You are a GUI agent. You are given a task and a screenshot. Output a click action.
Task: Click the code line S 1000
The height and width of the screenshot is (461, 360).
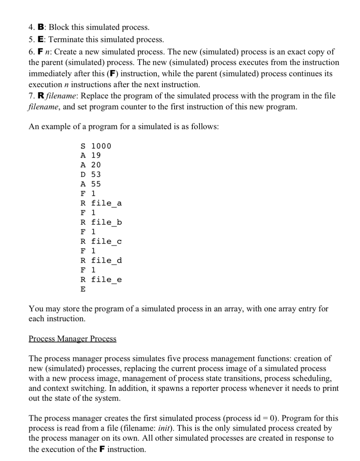point(96,146)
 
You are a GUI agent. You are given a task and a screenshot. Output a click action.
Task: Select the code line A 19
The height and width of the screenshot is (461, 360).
point(91,155)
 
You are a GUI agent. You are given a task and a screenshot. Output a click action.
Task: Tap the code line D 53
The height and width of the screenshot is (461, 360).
point(91,174)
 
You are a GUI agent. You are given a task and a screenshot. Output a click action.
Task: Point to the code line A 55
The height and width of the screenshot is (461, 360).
point(91,184)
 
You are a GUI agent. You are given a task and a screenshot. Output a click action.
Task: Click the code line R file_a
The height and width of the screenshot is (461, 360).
point(101,203)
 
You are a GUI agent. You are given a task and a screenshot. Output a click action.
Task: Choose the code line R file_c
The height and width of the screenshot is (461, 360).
point(101,241)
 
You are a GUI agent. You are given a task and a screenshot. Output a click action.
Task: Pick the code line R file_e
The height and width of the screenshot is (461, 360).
point(101,279)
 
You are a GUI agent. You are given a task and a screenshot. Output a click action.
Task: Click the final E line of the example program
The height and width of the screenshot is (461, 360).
point(83,289)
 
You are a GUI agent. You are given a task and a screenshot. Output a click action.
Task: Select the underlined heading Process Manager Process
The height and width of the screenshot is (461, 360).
point(72,338)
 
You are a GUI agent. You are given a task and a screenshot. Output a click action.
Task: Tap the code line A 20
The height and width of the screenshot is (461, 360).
point(91,165)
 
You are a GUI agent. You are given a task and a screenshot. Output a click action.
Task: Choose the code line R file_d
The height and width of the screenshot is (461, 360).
point(101,260)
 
